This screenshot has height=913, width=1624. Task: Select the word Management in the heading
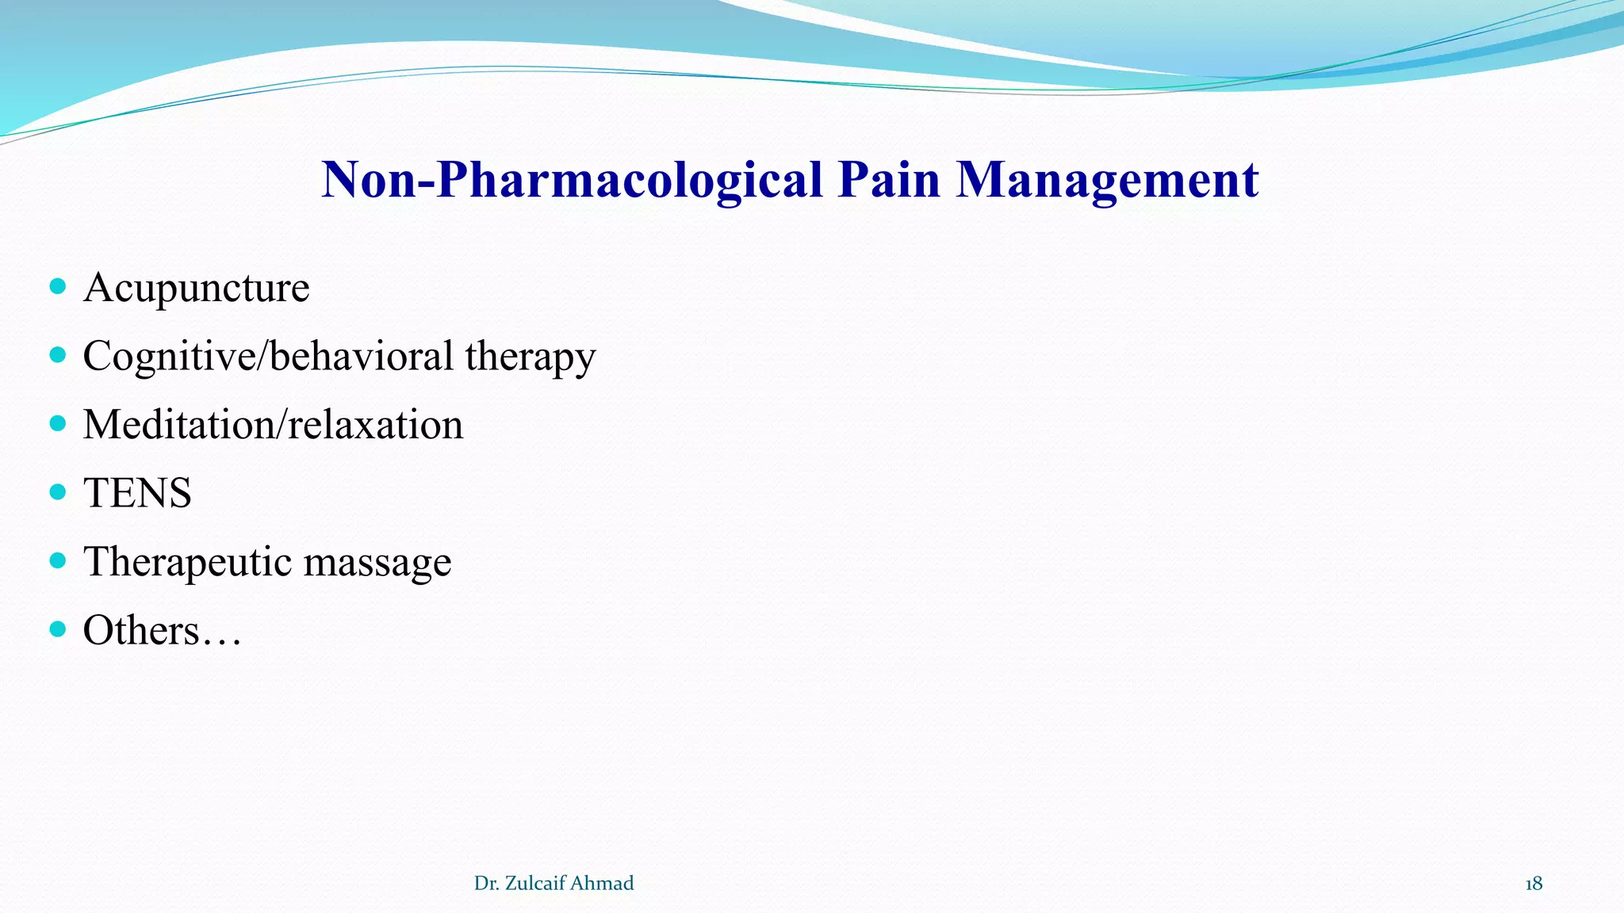click(x=1107, y=180)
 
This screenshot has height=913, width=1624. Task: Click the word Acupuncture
click(x=196, y=288)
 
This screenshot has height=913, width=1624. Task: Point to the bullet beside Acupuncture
click(x=57, y=286)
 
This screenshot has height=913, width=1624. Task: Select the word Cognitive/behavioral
click(x=268, y=356)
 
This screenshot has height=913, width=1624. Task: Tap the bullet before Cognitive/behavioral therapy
click(x=57, y=354)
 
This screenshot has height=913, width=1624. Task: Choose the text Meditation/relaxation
click(x=273, y=425)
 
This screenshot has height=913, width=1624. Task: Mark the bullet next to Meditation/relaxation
click(x=57, y=423)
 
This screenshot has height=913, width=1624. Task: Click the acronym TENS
click(x=137, y=493)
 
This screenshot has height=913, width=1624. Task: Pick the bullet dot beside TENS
click(x=57, y=492)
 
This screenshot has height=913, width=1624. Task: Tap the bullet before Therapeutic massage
click(x=57, y=561)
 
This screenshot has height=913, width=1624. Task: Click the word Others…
click(x=162, y=631)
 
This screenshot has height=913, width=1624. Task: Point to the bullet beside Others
click(x=57, y=629)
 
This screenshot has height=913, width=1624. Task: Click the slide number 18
click(x=1534, y=884)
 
